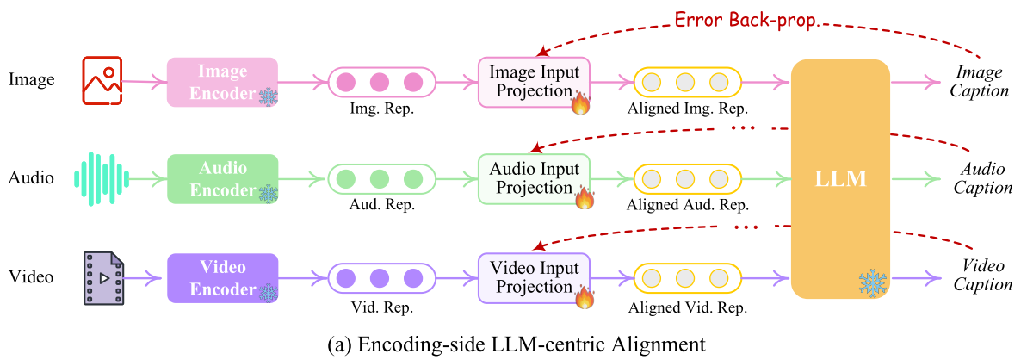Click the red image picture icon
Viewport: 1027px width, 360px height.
102,81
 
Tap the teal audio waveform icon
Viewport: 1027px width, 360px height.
102,178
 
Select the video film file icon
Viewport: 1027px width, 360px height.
102,277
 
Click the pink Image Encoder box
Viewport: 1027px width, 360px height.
222,82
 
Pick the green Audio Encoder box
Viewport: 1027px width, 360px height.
222,179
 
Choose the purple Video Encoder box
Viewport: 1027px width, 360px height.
222,277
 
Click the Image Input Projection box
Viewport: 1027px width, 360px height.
534,82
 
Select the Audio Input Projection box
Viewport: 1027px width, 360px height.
534,179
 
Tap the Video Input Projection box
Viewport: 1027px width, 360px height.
534,277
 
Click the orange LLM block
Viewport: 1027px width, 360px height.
840,179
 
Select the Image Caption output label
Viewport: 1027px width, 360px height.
981,81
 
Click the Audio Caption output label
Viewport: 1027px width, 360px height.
981,179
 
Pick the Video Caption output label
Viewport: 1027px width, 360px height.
981,276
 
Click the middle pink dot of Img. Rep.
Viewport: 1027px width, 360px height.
380,83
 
